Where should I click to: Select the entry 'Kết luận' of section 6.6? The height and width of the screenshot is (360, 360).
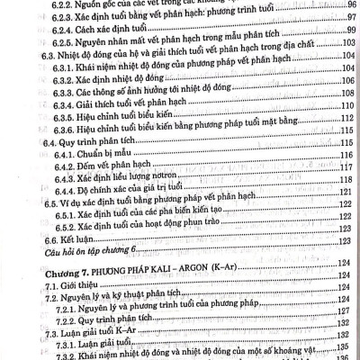[49, 267]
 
